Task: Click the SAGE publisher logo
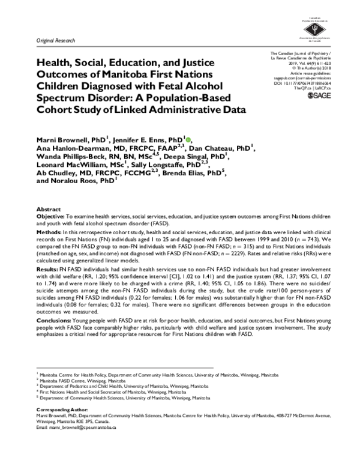pyautogui.click(x=319, y=95)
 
